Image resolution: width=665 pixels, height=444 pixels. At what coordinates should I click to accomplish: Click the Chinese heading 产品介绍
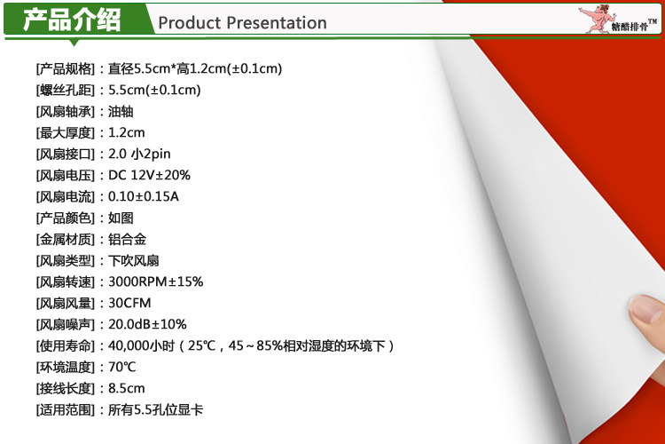[72, 20]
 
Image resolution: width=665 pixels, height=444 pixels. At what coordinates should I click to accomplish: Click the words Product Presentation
[242, 23]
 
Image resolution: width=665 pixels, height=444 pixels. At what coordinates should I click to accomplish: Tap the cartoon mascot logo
[596, 19]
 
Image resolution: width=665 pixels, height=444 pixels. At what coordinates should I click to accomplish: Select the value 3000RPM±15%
[156, 281]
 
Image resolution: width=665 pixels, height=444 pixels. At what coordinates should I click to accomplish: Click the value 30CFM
[129, 303]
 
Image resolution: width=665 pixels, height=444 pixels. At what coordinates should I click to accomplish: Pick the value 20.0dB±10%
[147, 324]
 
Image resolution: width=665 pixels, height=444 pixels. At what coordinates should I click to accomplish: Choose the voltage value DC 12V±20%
[149, 175]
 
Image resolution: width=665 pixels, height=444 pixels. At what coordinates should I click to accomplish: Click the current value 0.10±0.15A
[144, 196]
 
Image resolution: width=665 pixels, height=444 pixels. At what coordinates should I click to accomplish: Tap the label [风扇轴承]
[66, 111]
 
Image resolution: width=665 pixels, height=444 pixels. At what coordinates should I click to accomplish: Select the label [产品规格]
[66, 69]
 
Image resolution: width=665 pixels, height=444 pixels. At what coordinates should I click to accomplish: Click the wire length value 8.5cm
[127, 388]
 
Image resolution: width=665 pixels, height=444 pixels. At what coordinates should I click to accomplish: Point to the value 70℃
[122, 367]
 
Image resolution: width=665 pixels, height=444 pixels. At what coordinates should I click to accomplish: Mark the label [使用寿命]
[66, 345]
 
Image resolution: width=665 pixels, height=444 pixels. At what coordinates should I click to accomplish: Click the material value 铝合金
[127, 239]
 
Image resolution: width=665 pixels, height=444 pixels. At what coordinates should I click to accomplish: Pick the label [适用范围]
[66, 409]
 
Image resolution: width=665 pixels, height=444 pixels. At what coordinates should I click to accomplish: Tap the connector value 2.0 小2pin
[139, 154]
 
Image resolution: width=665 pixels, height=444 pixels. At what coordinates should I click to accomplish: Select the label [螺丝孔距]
[66, 90]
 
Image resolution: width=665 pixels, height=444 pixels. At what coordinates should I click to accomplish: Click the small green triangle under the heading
[74, 43]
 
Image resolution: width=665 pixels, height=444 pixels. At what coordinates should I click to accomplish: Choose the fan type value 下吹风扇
[134, 260]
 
